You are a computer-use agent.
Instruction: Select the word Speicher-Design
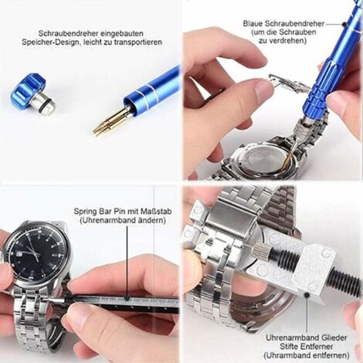click(61, 42)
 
